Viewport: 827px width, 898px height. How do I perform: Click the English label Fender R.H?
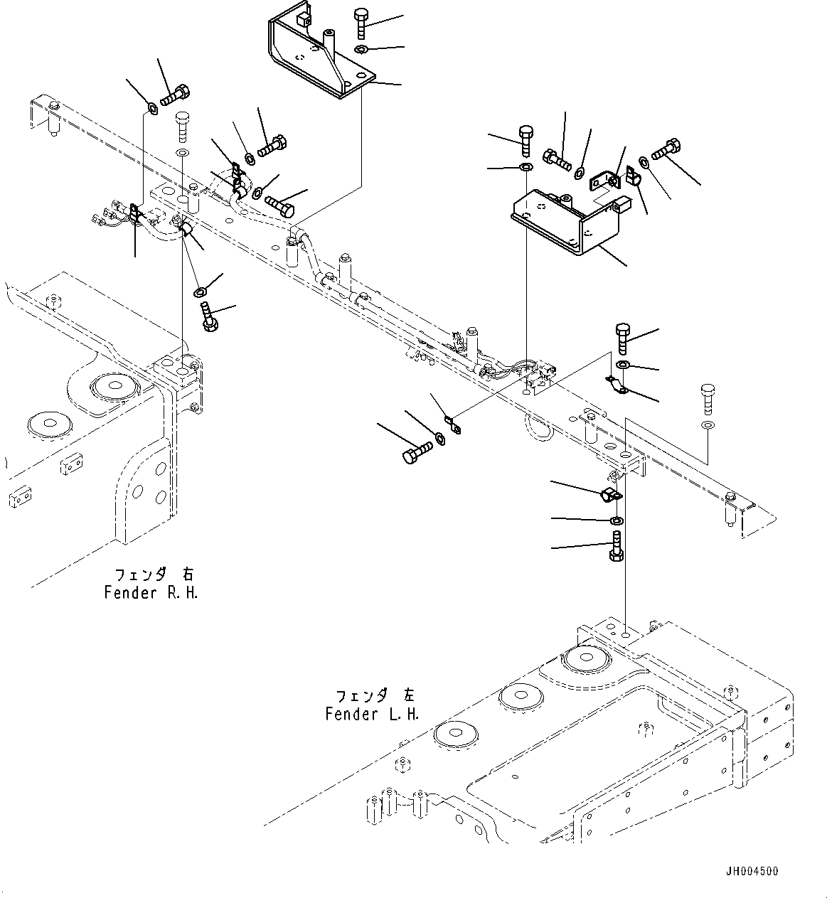pos(151,592)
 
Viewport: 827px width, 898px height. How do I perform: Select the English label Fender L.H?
pos(372,714)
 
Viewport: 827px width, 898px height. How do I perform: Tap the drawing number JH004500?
pos(752,871)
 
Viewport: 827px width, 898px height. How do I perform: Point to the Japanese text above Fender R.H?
pos(153,574)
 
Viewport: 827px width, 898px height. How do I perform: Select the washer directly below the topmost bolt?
pos(361,49)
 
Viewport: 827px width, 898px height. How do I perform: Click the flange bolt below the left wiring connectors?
pos(208,316)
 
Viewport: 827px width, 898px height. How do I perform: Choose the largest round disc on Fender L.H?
pos(585,658)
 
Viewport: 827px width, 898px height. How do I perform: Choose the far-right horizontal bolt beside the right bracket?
pos(665,150)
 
